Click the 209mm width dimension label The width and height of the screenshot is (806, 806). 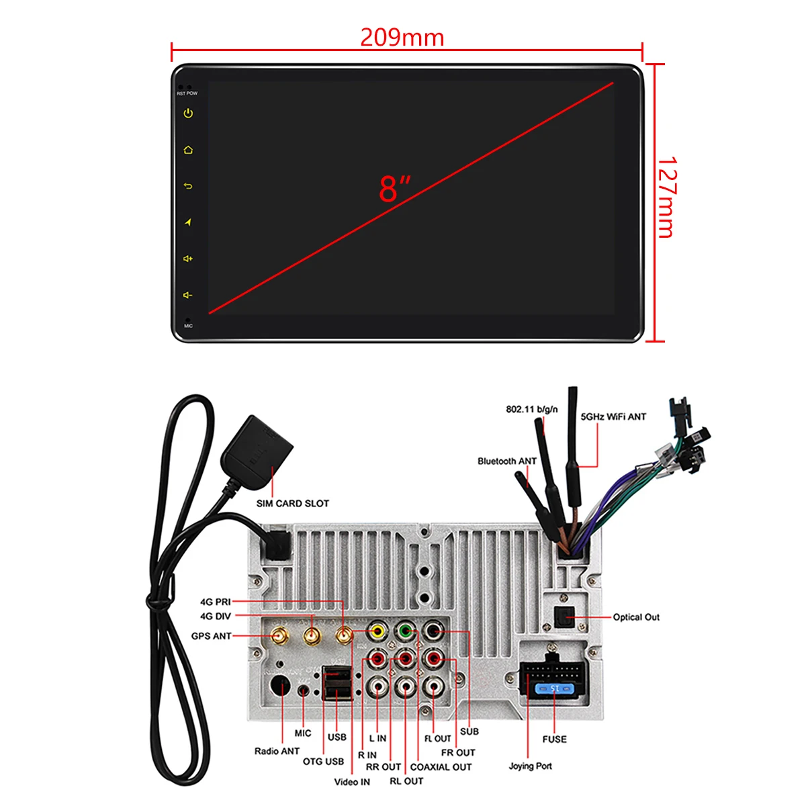[402, 37]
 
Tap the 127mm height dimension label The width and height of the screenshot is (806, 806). [666, 197]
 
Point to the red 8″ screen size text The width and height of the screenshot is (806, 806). [394, 189]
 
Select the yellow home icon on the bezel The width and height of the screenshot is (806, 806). [188, 150]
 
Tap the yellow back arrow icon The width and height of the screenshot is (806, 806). [188, 186]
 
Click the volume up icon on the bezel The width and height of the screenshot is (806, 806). [188, 259]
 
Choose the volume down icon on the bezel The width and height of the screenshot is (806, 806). [188, 295]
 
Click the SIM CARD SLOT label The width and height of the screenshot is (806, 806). [292, 503]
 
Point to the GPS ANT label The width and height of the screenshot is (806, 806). [211, 635]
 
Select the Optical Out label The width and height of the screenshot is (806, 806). [636, 617]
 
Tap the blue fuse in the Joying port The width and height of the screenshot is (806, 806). [553, 688]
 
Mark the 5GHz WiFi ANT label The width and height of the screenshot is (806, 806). [613, 416]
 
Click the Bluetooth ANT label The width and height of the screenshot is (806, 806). [507, 461]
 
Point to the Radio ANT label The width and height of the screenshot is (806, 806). [277, 751]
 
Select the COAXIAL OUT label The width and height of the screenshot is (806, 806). [441, 767]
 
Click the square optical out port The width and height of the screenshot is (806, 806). [562, 616]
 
